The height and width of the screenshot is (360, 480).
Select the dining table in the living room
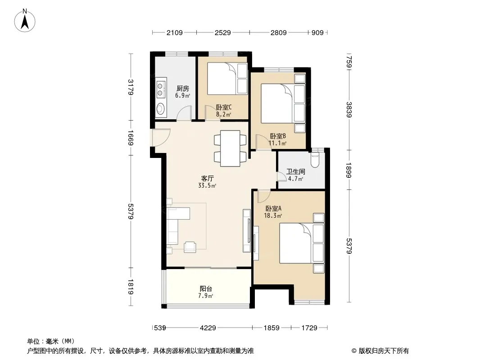point(230,146)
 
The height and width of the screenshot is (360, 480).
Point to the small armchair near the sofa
point(190,246)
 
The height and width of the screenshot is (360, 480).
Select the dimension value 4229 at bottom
point(208,328)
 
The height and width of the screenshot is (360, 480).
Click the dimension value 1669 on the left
point(130,137)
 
